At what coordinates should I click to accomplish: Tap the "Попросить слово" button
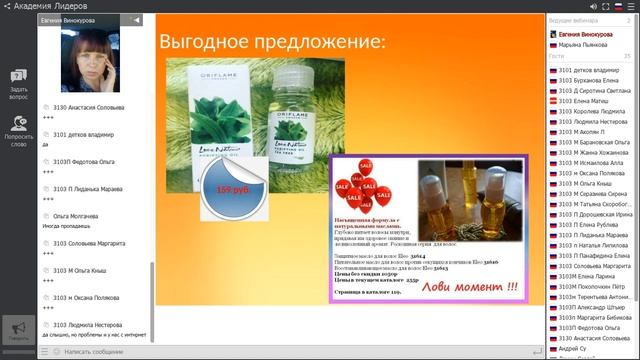click(x=18, y=133)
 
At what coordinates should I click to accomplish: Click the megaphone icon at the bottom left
click(x=18, y=329)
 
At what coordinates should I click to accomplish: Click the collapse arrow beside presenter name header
click(x=137, y=20)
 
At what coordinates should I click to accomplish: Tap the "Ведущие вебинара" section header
click(x=574, y=20)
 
